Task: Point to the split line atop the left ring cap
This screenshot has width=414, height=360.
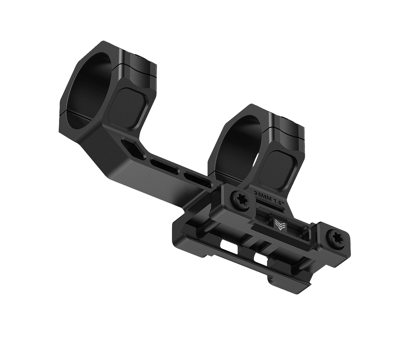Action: [138, 69]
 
